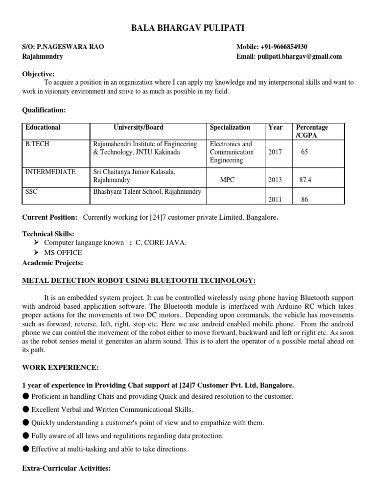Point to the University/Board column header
(139, 127)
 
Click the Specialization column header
(230, 127)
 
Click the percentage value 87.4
(305, 180)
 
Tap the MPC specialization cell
(227, 180)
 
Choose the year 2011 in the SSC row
(275, 200)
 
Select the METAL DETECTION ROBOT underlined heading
(139, 280)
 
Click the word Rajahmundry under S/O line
(43, 57)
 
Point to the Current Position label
(50, 217)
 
